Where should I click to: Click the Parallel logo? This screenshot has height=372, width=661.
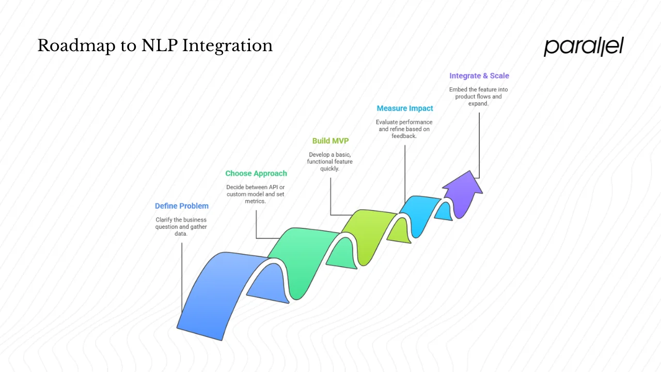pos(584,47)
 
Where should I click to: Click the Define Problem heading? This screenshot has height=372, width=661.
pos(182,206)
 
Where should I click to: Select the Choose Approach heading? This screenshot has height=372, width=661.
pos(256,174)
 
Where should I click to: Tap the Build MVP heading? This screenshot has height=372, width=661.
pos(330,141)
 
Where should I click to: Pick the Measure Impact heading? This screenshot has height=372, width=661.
pos(405,109)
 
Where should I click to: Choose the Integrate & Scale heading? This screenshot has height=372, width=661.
pos(479,76)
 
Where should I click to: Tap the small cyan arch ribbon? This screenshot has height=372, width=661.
pos(421,209)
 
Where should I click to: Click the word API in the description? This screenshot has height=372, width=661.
pos(273,187)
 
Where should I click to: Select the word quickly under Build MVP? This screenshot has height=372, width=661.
pos(330,168)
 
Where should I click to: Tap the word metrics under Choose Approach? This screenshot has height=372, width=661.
pos(255,201)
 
